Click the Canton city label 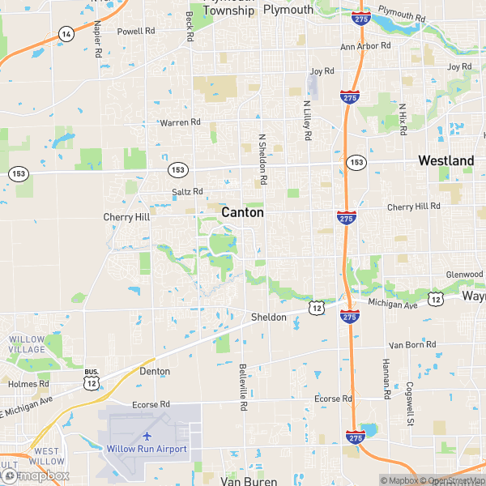click(242, 212)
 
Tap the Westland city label click(446, 161)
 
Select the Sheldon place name click(268, 317)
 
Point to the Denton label click(155, 371)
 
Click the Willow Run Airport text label click(147, 449)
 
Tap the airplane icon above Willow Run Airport click(147, 436)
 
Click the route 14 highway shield click(66, 33)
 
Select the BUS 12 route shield click(91, 378)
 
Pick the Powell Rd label click(136, 31)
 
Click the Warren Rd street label click(180, 122)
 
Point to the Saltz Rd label click(187, 192)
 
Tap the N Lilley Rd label click(307, 120)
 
